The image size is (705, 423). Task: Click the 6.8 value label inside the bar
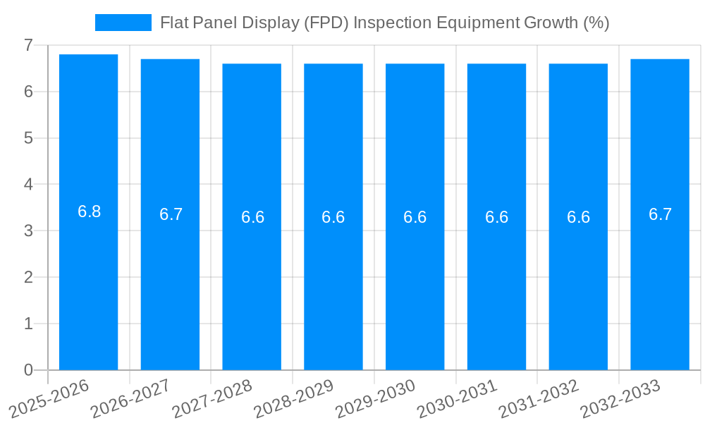coord(89,211)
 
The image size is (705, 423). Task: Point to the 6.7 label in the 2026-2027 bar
coord(171,214)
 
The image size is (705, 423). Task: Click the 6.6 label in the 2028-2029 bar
coord(333,217)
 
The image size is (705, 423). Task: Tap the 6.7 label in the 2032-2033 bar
coord(660,214)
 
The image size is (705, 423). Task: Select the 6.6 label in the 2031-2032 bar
coord(578,217)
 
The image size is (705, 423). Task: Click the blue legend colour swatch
coord(123,23)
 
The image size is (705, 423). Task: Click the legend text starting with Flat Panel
coord(384,23)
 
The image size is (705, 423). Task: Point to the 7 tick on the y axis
coord(28,45)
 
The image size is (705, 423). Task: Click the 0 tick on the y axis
coord(28,370)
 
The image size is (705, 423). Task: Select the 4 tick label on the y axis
coord(28,185)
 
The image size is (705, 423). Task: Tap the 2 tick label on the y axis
coord(28,277)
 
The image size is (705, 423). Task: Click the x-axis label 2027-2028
coord(211,398)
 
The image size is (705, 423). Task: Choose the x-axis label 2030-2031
coord(457,398)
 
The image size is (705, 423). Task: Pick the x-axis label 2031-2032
coord(538,398)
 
